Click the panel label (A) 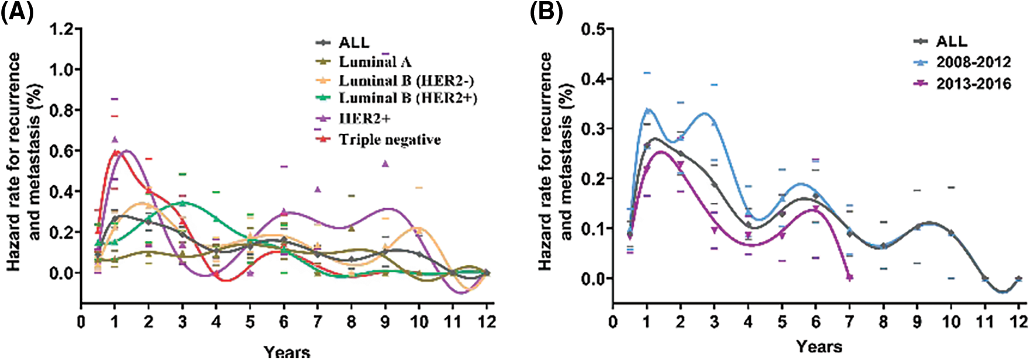click(16, 12)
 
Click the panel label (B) click(546, 12)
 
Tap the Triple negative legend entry click(390, 140)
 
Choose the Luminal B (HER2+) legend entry click(407, 98)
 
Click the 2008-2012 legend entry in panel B click(973, 62)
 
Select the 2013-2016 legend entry click(973, 84)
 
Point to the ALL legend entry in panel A click(353, 43)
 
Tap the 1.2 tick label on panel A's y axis click(61, 29)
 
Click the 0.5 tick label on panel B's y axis click(594, 29)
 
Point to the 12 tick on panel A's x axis click(487, 322)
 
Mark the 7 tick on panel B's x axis click(849, 322)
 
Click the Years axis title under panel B click(819, 347)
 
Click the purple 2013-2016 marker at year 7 click(849, 278)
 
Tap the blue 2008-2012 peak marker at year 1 click(647, 111)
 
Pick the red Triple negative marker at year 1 click(116, 153)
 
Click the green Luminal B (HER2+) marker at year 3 click(183, 203)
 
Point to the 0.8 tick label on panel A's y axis click(61, 110)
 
